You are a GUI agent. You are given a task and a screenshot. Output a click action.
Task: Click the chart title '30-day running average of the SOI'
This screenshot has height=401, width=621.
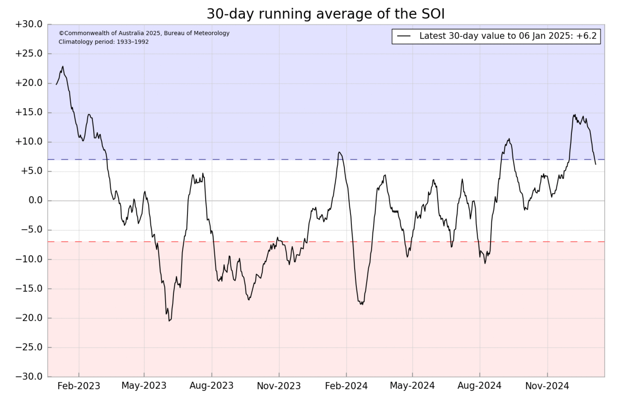tap(326, 14)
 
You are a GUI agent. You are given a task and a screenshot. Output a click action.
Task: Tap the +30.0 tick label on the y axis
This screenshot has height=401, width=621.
tap(29, 24)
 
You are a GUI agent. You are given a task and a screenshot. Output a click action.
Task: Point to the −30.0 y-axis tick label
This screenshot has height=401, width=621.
tap(29, 376)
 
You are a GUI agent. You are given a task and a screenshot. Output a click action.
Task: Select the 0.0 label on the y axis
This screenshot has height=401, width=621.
tap(36, 200)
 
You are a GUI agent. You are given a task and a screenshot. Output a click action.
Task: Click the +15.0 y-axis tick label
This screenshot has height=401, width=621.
tap(29, 112)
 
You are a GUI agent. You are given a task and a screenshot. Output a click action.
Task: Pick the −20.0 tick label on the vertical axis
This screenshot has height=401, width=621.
tap(29, 318)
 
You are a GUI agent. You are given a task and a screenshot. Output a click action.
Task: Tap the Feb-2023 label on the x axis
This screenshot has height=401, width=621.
tap(79, 386)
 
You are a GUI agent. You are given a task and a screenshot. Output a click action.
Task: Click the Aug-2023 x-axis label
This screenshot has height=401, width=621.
tap(212, 386)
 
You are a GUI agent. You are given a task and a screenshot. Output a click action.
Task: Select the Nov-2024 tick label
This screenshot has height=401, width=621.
tap(547, 386)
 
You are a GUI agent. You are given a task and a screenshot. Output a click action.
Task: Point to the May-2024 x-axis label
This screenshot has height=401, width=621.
tap(412, 386)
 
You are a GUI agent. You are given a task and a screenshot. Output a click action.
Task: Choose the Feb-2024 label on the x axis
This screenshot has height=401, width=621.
tap(346, 386)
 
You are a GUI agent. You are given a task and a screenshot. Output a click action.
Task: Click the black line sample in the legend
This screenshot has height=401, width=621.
tap(404, 36)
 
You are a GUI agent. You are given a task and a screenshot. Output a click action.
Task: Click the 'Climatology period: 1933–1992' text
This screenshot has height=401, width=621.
tap(104, 42)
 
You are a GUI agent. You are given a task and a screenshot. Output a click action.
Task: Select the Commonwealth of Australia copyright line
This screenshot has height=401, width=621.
tap(144, 33)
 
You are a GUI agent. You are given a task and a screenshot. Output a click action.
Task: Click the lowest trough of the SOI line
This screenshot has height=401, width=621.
tap(169, 321)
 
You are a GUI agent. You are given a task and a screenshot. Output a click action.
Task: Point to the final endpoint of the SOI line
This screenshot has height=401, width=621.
tap(596, 164)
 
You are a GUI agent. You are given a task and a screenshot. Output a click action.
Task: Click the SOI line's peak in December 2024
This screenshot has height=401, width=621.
tap(575, 115)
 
